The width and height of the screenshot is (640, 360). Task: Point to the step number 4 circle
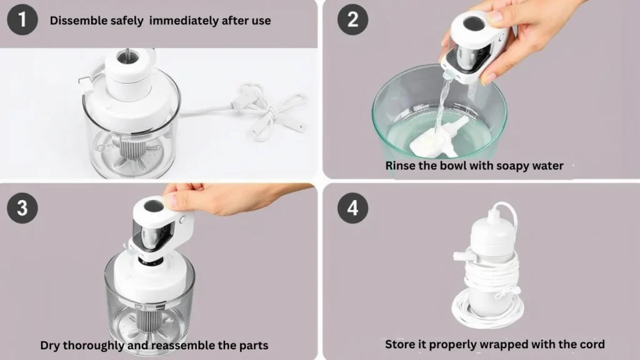(x=352, y=207)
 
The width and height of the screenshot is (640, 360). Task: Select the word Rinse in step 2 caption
(x=400, y=166)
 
